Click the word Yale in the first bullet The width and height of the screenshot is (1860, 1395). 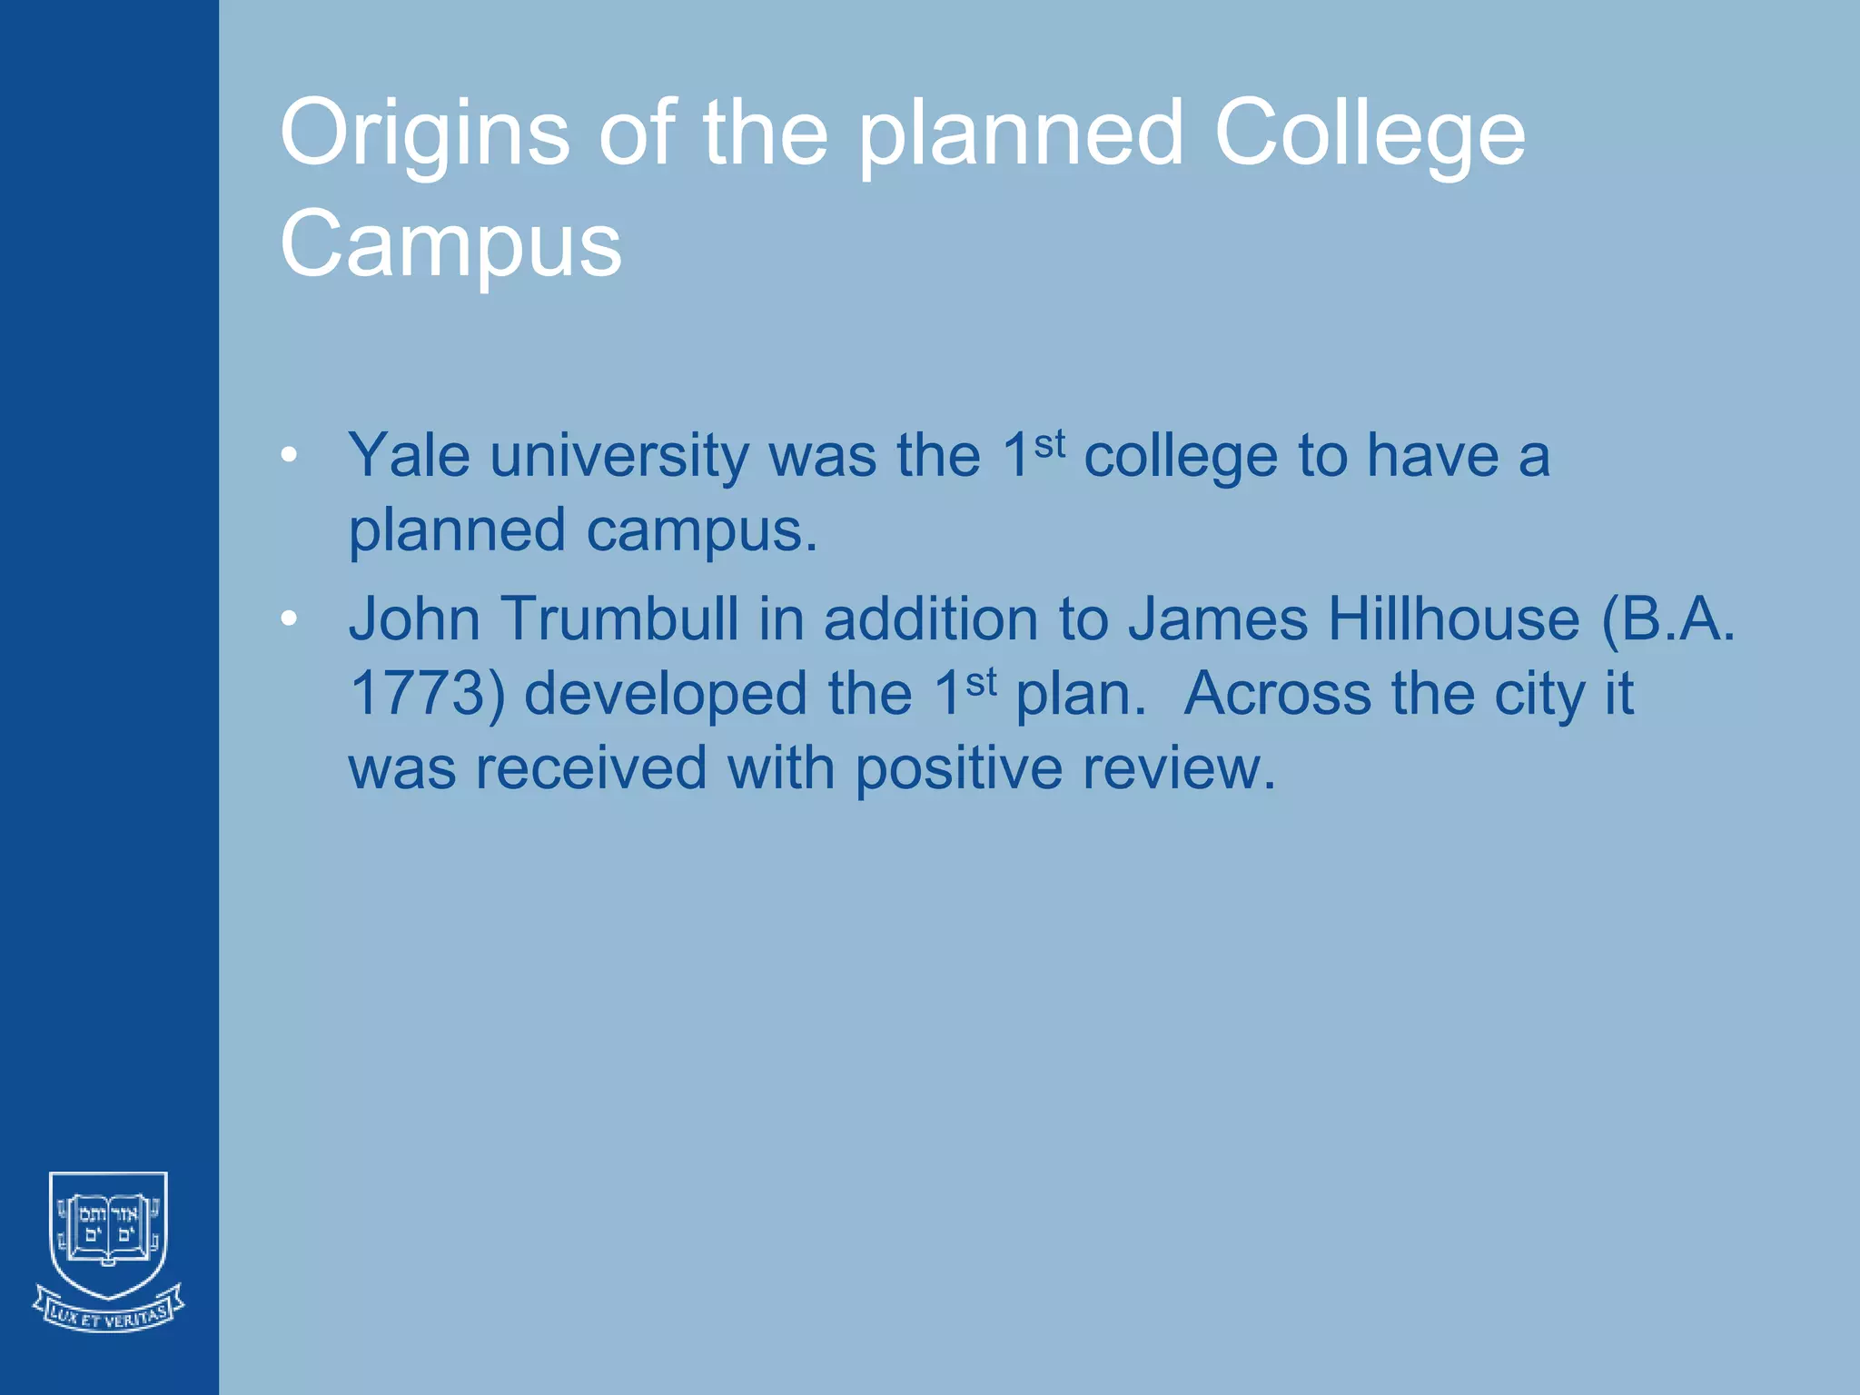409,455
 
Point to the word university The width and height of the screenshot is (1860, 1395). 619,455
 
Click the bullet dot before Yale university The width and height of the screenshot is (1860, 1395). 289,455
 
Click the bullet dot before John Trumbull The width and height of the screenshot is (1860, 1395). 289,619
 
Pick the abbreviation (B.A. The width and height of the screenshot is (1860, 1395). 1668,619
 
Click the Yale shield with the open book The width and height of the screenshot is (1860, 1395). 108,1231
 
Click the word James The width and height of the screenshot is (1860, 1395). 1218,619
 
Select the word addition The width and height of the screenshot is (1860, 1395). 931,619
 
